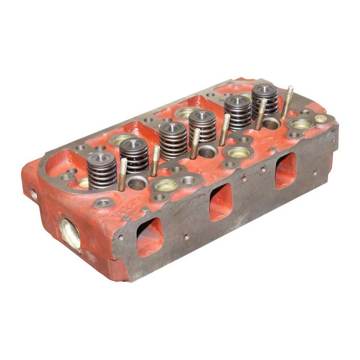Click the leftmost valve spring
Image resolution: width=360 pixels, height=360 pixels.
click(102, 170)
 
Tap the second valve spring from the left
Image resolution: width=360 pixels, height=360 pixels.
click(134, 156)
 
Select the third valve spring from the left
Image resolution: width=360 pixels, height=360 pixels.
click(173, 140)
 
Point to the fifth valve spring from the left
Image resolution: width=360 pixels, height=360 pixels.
click(238, 112)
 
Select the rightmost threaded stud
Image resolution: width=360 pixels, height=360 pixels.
click(287, 102)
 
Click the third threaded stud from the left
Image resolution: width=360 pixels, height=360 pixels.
click(195, 143)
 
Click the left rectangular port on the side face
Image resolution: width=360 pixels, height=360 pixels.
click(150, 237)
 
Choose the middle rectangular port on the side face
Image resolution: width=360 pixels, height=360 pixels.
click(221, 202)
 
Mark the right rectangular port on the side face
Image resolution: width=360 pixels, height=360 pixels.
click(285, 170)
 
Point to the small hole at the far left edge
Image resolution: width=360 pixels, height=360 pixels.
click(34, 194)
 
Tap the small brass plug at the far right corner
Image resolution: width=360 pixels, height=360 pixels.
click(321, 118)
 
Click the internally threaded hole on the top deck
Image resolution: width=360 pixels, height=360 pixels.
click(188, 181)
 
